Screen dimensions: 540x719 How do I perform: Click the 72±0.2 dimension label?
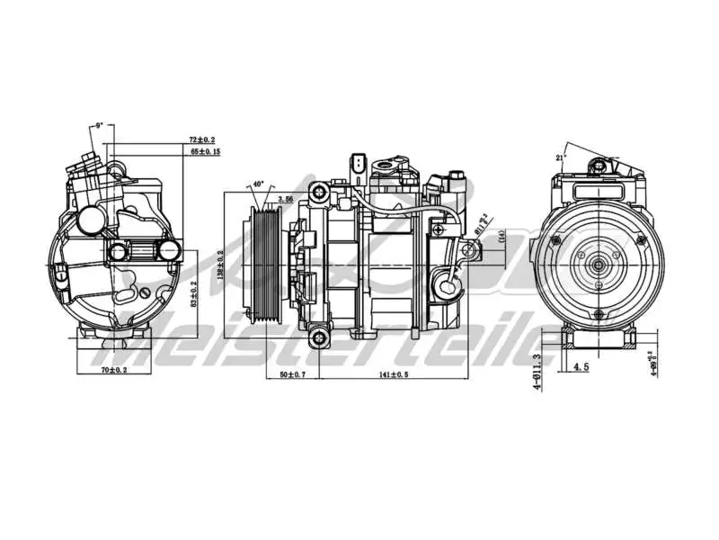(x=202, y=140)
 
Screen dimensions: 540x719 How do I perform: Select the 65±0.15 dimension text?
(x=205, y=152)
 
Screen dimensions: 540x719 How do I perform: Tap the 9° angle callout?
(x=99, y=126)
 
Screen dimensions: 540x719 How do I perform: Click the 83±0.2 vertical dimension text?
(x=195, y=292)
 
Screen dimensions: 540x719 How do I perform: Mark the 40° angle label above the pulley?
(x=259, y=184)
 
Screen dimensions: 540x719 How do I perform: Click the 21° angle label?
(x=563, y=157)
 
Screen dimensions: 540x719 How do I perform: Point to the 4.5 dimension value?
(x=581, y=366)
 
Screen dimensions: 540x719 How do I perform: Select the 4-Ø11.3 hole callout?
(x=536, y=369)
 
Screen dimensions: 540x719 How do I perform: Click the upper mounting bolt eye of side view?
(x=319, y=192)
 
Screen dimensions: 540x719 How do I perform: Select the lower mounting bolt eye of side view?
(x=319, y=338)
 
